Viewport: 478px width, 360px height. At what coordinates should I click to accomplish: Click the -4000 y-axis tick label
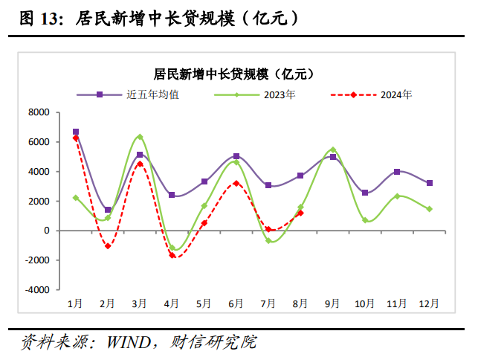pyautogui.click(x=36, y=290)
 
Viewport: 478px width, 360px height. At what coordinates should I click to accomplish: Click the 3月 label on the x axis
pyautogui.click(x=140, y=303)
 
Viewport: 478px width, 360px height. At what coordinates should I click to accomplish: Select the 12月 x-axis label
pyautogui.click(x=429, y=303)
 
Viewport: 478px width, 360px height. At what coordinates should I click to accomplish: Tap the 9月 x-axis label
pyautogui.click(x=332, y=303)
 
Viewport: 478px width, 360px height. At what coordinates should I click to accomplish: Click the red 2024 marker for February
pyautogui.click(x=108, y=245)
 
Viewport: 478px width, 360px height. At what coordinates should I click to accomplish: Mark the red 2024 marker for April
pyautogui.click(x=172, y=255)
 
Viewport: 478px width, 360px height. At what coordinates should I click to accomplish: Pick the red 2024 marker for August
pyautogui.click(x=300, y=213)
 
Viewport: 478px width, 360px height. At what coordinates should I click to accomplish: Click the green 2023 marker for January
pyautogui.click(x=76, y=198)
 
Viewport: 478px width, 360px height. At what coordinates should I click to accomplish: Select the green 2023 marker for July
pyautogui.click(x=268, y=241)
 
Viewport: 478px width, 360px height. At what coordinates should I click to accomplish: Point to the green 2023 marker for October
pyautogui.click(x=365, y=220)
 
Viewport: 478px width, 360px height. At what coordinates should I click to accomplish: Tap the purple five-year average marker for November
pyautogui.click(x=397, y=172)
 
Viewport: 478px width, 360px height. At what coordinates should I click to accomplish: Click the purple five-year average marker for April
pyautogui.click(x=172, y=195)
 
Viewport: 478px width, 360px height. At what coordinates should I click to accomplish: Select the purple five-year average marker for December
pyautogui.click(x=429, y=183)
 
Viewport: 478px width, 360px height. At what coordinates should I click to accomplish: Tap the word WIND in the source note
pyautogui.click(x=129, y=343)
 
